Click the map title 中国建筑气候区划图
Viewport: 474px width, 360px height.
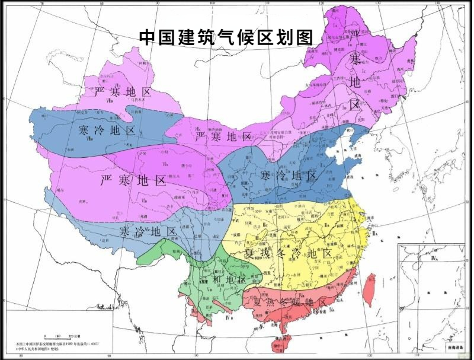(225, 37)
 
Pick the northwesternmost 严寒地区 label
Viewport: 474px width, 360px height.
(122, 93)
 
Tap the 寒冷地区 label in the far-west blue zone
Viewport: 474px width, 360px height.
(107, 130)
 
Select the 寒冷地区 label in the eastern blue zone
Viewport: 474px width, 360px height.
(289, 176)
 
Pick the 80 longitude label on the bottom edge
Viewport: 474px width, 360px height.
(21, 356)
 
